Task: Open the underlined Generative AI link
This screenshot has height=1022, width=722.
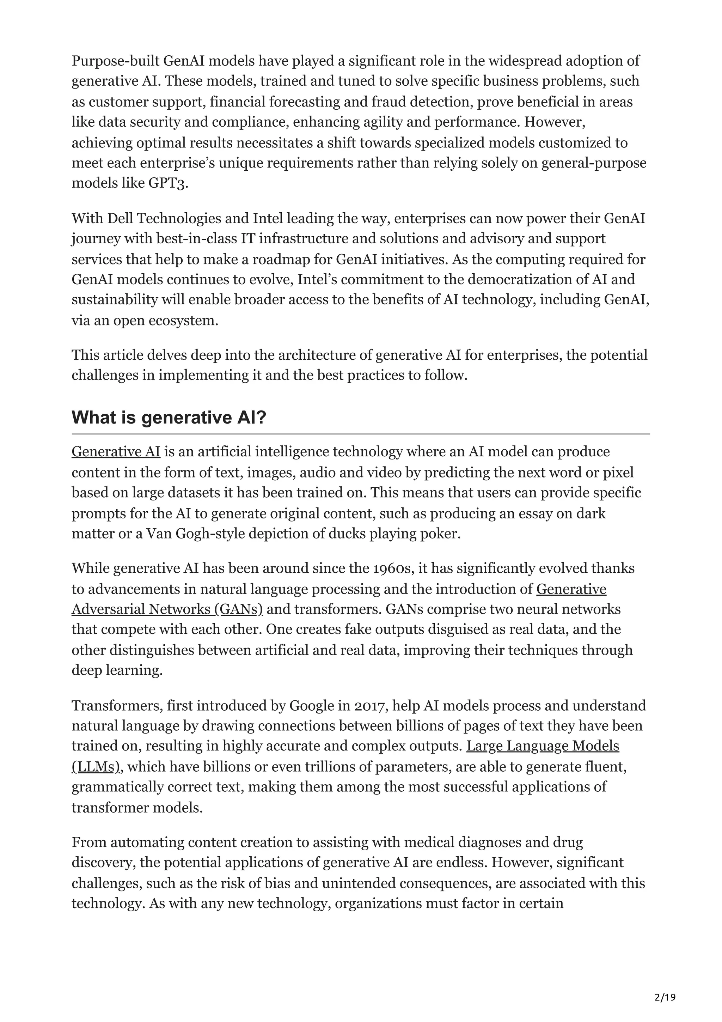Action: (x=116, y=451)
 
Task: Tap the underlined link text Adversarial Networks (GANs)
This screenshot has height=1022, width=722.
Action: (x=167, y=609)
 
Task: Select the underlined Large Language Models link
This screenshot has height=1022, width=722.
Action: (x=542, y=746)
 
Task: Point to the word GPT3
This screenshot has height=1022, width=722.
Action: (x=167, y=183)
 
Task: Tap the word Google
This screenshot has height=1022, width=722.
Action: (x=311, y=706)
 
